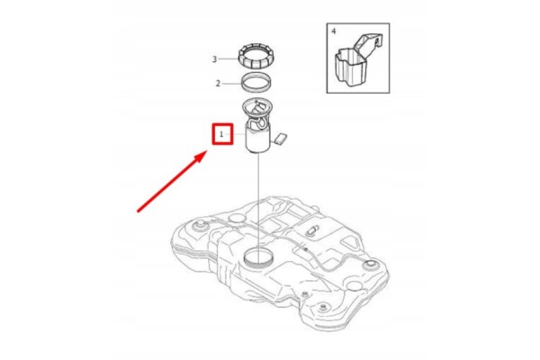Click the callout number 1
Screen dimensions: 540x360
point(221,134)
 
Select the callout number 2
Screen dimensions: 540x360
point(218,84)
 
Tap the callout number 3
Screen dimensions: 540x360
point(214,59)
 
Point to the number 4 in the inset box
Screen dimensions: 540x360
point(333,31)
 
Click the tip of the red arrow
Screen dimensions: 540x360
point(206,152)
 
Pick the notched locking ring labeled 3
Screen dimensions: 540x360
point(256,56)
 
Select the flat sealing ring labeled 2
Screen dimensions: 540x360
point(256,83)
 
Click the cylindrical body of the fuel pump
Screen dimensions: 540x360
point(258,139)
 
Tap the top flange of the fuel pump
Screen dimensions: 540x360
point(257,106)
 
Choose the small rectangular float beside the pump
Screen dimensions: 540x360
point(281,139)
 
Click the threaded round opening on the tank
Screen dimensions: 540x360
point(258,257)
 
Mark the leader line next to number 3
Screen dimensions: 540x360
point(228,58)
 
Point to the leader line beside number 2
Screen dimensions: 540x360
point(231,84)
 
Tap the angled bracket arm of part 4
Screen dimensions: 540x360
point(368,44)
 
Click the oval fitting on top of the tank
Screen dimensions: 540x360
point(312,230)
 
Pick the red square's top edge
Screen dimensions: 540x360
point(222,125)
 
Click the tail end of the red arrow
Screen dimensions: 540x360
point(138,211)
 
